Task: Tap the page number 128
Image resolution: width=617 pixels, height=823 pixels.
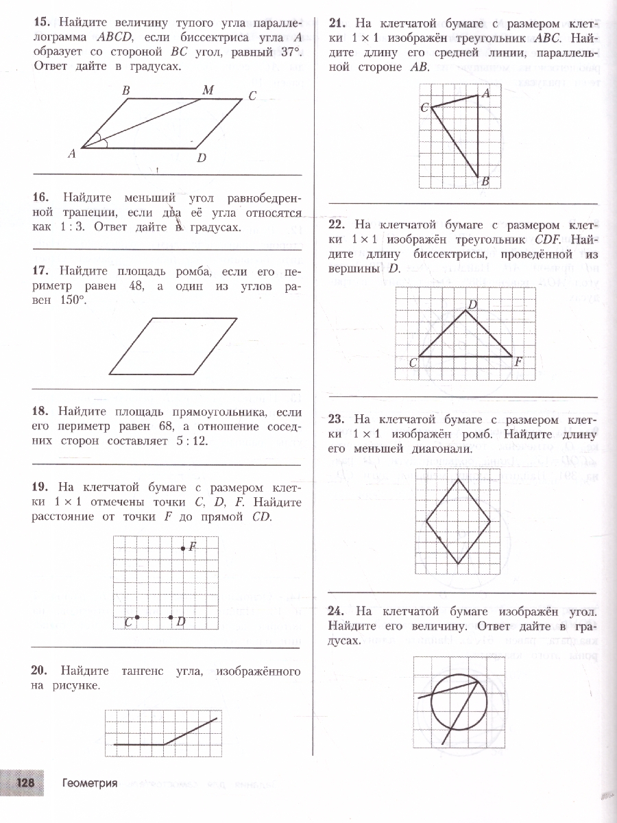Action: point(25,783)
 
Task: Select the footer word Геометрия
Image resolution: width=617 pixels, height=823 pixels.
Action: point(89,783)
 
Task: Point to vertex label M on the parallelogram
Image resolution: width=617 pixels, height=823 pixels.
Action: point(208,90)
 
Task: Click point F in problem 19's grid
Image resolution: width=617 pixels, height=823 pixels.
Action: point(183,548)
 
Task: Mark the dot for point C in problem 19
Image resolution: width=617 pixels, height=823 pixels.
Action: point(137,617)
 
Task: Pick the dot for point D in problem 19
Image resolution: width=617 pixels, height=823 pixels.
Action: point(171,617)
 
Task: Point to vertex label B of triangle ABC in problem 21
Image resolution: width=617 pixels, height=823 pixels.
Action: point(484,181)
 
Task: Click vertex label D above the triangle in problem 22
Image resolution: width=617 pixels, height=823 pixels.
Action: point(472,304)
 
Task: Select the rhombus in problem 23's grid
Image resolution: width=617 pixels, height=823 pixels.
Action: point(458,520)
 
